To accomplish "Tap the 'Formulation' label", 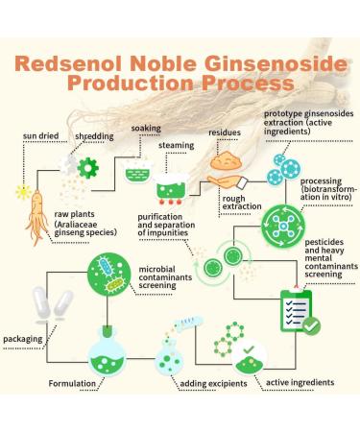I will [78, 383].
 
